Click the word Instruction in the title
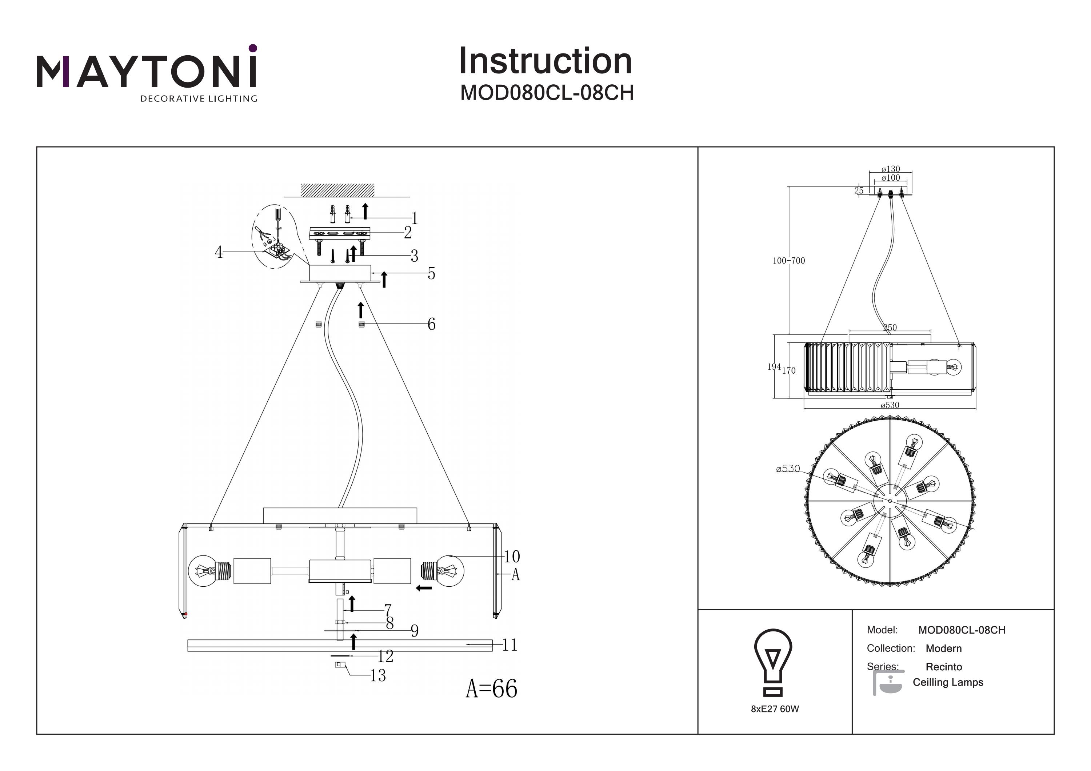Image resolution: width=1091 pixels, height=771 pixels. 545,61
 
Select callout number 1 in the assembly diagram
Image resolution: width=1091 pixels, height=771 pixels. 414,218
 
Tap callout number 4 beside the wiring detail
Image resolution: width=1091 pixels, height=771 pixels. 219,252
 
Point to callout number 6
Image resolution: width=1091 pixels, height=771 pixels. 431,325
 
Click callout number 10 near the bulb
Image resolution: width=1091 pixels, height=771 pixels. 512,556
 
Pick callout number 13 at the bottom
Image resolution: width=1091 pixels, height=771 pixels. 378,675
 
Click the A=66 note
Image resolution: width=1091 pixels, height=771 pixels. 491,688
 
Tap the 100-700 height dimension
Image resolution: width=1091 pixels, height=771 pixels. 788,261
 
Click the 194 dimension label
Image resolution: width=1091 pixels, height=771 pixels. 774,367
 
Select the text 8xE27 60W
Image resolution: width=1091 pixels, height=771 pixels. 775,709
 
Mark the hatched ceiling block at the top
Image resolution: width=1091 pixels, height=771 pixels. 337,190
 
